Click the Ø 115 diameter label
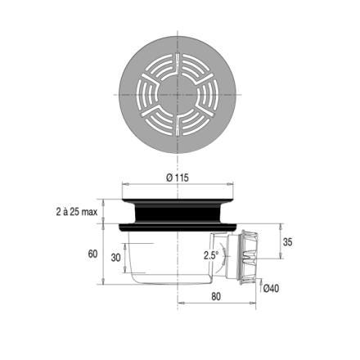click(178, 178)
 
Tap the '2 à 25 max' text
click(77, 212)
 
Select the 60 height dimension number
click(92, 254)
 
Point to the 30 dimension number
click(115, 258)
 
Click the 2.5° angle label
click(211, 255)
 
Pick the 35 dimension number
click(287, 241)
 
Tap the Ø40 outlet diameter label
click(271, 288)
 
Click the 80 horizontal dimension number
click(216, 296)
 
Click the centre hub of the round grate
click(178, 95)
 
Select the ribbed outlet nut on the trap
click(249, 257)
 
